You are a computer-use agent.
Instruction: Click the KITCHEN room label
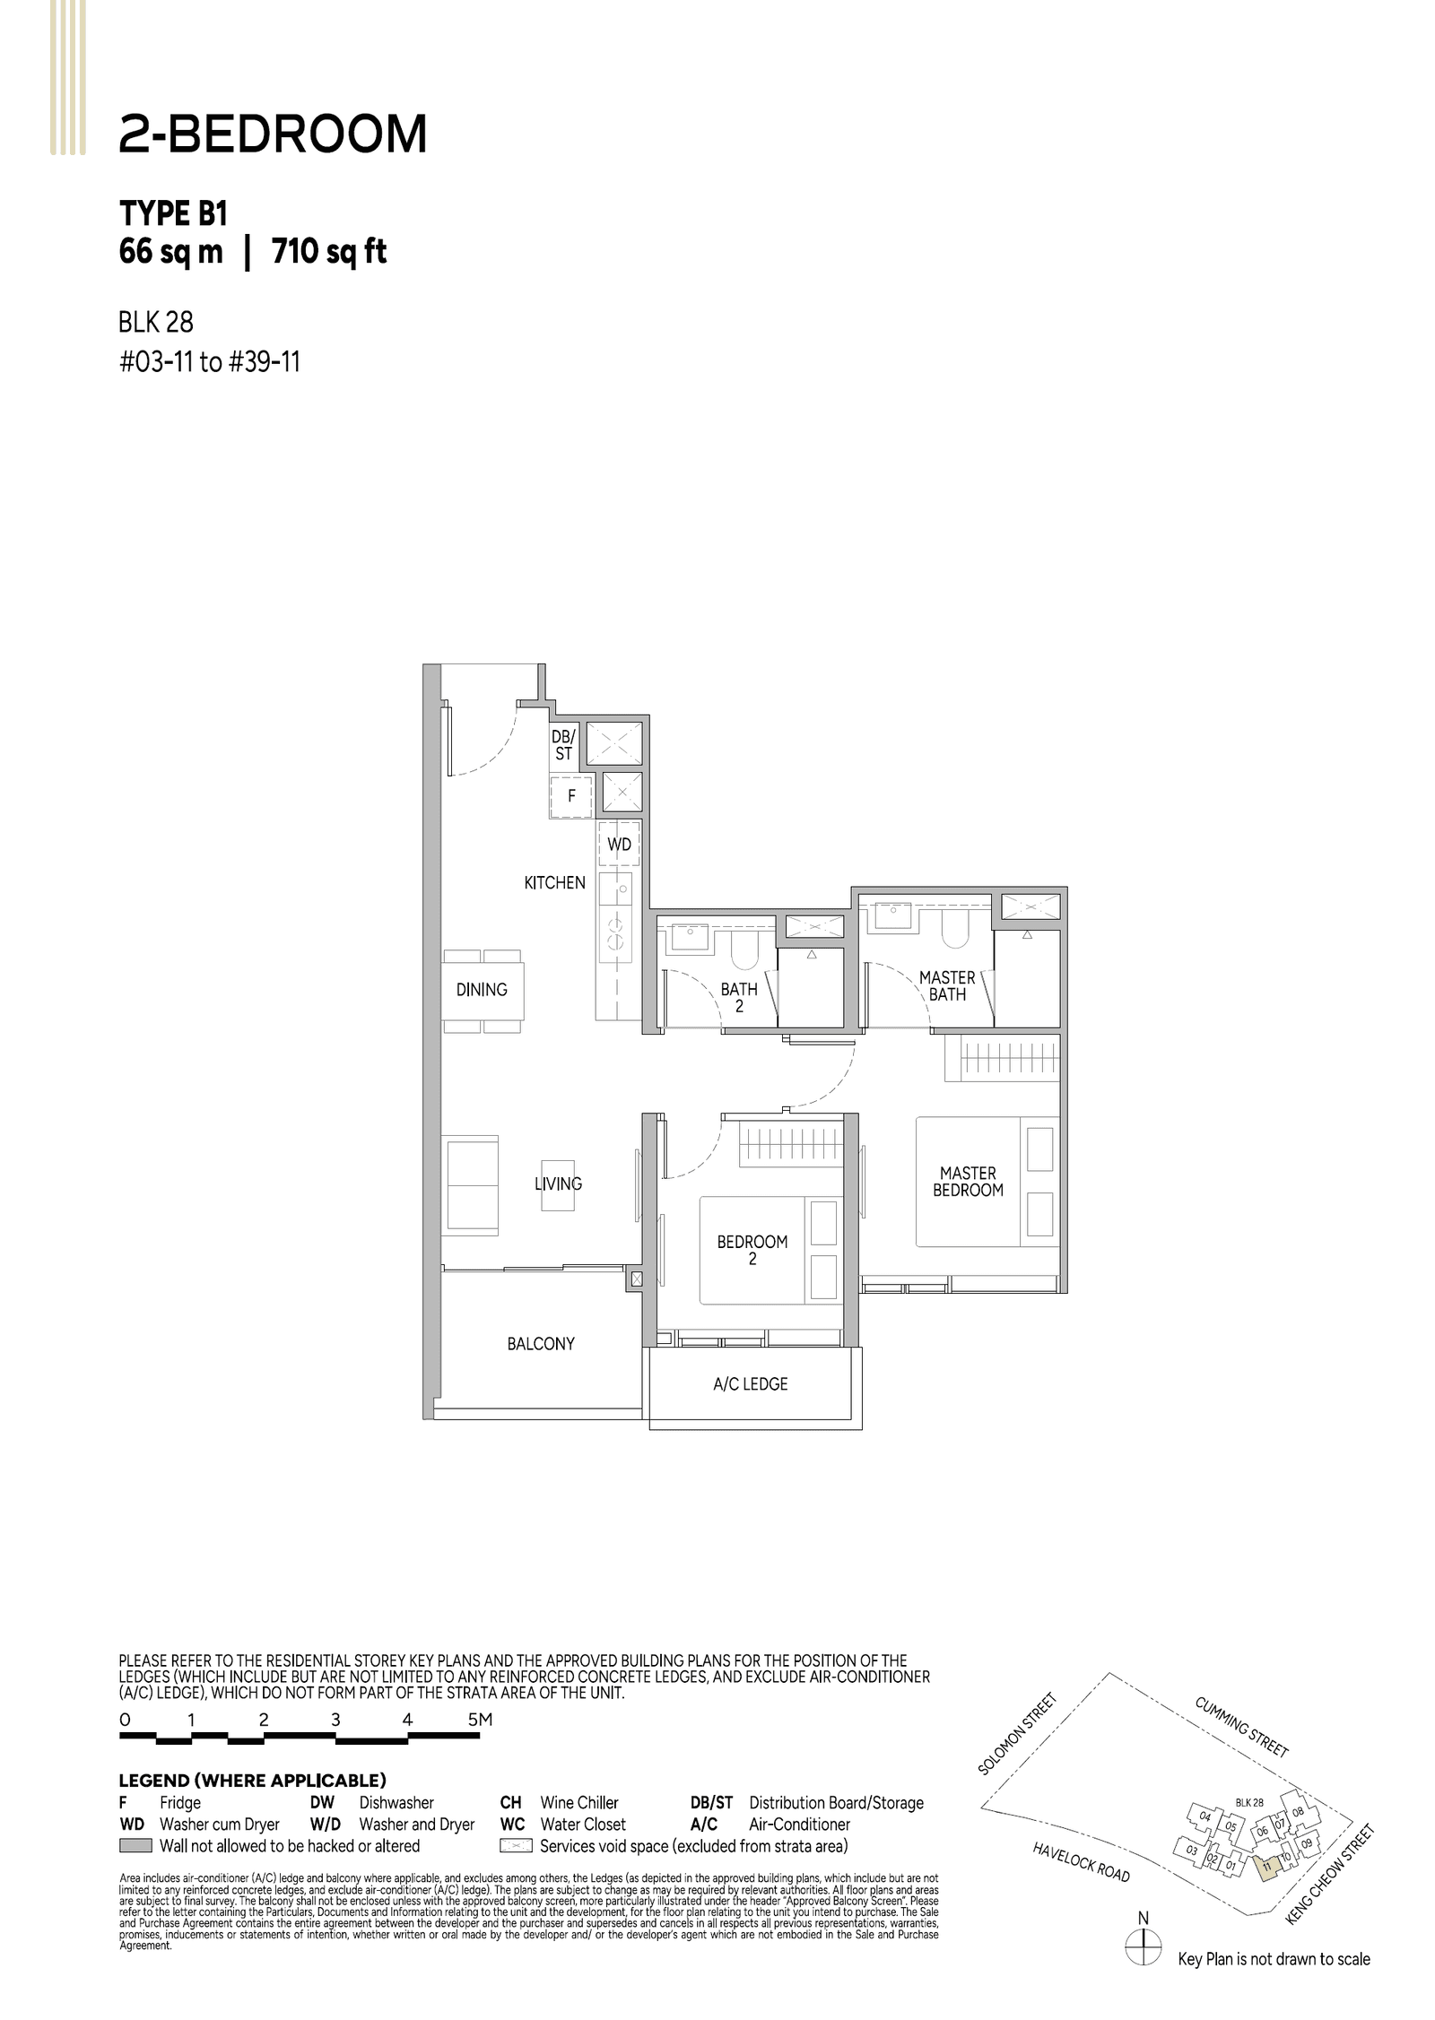click(554, 883)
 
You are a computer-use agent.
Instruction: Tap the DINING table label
click(482, 990)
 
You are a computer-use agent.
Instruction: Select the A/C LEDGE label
click(750, 1384)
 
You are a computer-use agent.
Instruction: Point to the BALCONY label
click(540, 1344)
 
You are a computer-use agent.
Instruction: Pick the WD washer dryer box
click(619, 845)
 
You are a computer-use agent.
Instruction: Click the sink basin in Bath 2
click(689, 936)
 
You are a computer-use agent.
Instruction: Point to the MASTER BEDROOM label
click(968, 1182)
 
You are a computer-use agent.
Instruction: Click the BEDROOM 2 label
click(752, 1250)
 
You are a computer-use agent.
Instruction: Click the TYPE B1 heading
click(173, 214)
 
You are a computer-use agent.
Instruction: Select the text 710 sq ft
click(328, 253)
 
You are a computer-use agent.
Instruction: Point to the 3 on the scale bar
click(335, 1720)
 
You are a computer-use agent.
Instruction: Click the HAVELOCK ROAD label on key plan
click(1081, 1862)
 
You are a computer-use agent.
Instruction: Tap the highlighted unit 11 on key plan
click(1266, 1866)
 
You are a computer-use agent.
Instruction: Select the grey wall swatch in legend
click(135, 1846)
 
